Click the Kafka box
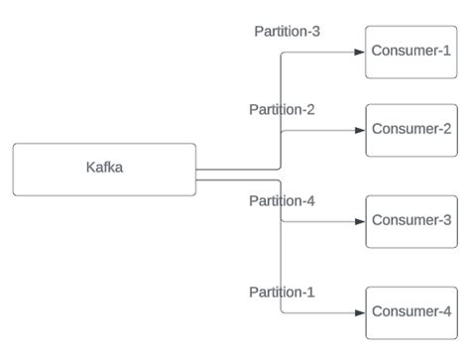(104, 169)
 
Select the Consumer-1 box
(411, 52)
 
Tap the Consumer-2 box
(411, 130)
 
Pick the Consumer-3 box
(411, 220)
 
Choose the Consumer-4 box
(411, 312)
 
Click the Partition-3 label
(287, 31)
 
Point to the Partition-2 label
(282, 109)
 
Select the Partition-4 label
(282, 201)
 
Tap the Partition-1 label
(282, 292)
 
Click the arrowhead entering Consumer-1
(360, 52)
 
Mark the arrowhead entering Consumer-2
(360, 130)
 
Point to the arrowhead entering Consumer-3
(360, 220)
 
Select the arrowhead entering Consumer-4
(360, 312)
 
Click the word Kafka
(104, 168)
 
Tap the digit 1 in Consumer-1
(447, 51)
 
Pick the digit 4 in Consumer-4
(447, 311)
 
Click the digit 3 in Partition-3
(315, 31)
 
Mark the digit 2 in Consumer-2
(447, 129)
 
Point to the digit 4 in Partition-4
(310, 201)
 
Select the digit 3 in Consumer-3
(447, 219)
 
